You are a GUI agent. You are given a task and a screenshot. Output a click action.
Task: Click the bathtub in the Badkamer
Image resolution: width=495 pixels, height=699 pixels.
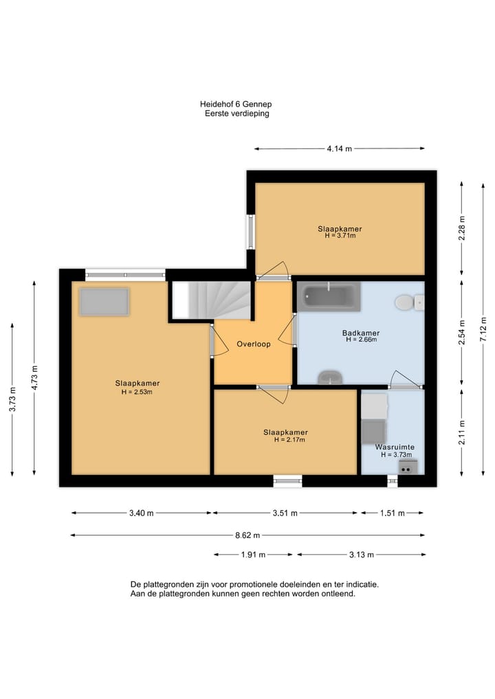329,296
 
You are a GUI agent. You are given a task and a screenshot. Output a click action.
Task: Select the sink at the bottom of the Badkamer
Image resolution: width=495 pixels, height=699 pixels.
330,377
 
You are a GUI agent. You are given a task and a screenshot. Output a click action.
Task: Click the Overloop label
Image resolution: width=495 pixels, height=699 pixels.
253,344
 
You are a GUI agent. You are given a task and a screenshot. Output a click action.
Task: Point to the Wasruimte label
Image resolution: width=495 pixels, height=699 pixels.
395,447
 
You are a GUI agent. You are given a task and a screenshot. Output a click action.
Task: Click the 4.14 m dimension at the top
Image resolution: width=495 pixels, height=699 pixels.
340,148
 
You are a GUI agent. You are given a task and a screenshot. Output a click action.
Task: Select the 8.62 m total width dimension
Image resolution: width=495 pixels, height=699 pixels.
247,535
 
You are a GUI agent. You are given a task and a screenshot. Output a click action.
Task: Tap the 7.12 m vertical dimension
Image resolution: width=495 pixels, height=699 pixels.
483,329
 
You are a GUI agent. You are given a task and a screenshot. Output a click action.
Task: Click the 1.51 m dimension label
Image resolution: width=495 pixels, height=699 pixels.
393,513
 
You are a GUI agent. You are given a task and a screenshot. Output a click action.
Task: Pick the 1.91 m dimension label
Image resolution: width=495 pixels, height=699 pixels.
253,555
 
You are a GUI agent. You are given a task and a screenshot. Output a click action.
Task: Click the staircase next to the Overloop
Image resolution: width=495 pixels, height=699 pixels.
211,300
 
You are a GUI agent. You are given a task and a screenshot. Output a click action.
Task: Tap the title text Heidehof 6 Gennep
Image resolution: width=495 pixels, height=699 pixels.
236,104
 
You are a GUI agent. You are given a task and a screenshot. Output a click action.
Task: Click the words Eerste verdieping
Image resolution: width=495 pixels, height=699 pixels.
236,113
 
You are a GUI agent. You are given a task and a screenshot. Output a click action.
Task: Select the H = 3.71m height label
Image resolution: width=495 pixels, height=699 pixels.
340,235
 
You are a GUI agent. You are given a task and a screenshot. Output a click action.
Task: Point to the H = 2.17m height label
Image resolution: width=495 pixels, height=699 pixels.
289,440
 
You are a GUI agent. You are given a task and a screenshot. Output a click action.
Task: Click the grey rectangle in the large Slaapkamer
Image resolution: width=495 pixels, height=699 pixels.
104,302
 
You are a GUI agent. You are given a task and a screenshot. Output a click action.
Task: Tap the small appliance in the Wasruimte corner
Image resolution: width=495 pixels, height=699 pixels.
408,467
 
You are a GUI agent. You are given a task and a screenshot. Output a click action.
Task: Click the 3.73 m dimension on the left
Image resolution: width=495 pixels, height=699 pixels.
12,399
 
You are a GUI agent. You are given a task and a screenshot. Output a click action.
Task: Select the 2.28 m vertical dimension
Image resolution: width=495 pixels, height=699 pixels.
461,228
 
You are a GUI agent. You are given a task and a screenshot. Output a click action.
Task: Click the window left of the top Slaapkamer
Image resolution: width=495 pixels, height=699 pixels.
251,232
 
